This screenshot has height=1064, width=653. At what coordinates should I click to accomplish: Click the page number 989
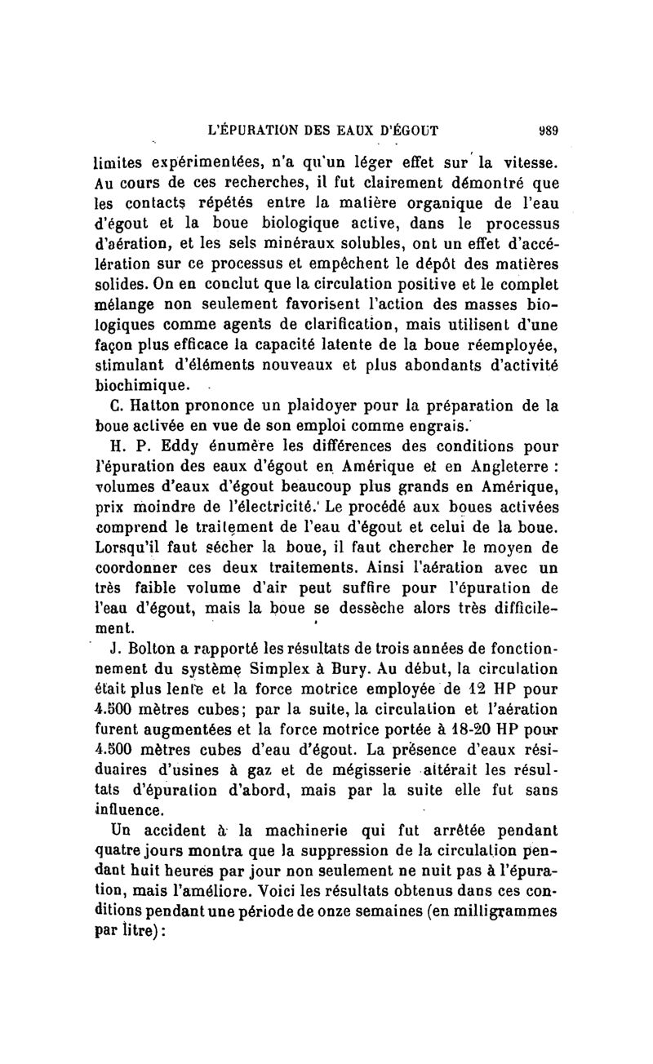pyautogui.click(x=546, y=127)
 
